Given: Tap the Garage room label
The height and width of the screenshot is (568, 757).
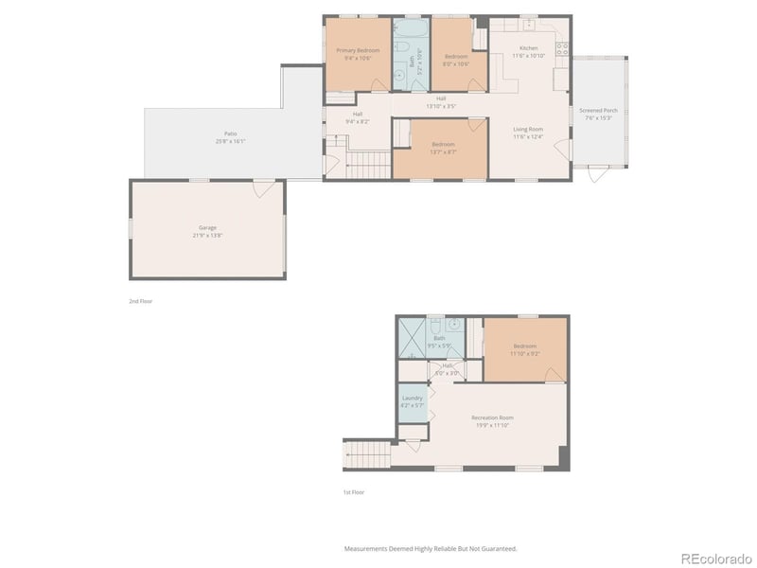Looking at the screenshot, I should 207,228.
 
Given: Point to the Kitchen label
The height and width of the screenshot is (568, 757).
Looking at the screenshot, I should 528,49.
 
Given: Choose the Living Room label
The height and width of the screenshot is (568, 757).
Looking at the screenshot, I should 528,130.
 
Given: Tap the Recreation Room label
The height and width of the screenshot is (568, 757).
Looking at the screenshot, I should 492,418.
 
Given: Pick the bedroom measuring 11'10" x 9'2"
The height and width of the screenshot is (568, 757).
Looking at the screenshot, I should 525,347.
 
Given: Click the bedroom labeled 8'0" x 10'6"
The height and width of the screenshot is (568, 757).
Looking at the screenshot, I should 458,57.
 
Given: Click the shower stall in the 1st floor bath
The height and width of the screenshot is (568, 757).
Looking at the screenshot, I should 412,336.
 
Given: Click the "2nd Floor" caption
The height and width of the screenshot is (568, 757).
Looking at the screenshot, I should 140,301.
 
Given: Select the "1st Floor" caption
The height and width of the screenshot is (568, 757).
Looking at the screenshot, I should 353,492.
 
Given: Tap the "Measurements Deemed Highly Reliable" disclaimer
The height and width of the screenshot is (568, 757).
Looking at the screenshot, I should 430,548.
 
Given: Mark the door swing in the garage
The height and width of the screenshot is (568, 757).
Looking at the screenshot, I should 259,189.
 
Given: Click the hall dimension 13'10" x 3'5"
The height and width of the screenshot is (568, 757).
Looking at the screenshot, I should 441,102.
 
